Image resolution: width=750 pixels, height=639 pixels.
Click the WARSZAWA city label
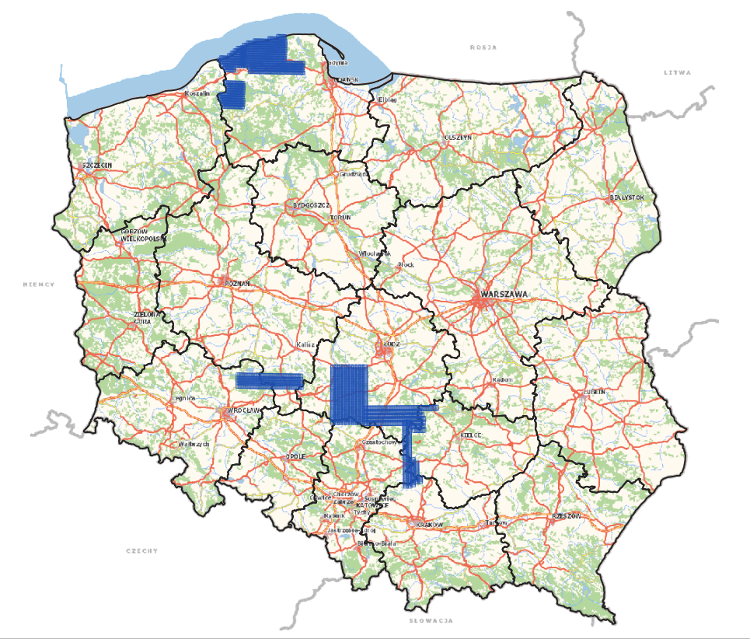click(504, 295)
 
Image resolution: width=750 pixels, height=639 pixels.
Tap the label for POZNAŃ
click(237, 285)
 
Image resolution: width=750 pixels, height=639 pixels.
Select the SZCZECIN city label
click(97, 166)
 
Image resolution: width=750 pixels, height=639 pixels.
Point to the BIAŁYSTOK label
click(628, 198)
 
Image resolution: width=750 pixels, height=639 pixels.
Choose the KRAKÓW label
click(429, 525)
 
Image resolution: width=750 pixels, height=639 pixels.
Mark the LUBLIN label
click(595, 393)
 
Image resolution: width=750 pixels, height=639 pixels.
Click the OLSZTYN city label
click(458, 137)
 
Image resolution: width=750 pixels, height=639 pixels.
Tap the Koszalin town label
click(197, 93)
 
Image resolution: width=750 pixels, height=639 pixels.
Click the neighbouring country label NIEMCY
click(39, 285)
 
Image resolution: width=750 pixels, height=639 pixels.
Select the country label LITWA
click(676, 72)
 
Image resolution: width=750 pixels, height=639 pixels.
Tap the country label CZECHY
click(141, 550)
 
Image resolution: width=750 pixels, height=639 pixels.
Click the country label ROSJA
click(483, 47)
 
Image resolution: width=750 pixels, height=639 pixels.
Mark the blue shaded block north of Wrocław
click(269, 380)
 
